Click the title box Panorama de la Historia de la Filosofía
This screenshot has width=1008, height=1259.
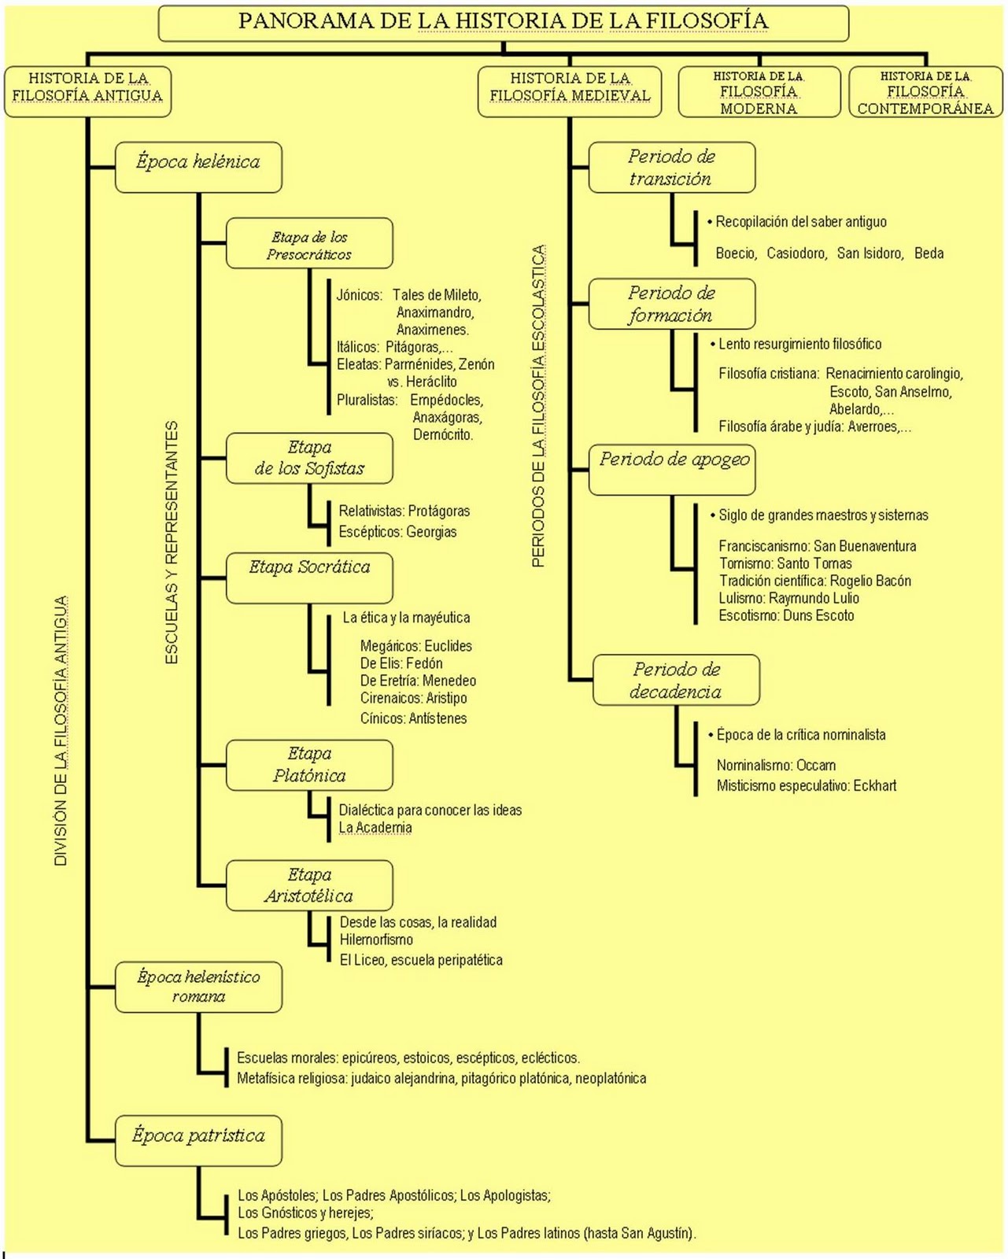coord(504,23)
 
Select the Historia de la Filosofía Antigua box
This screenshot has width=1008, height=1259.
coord(87,91)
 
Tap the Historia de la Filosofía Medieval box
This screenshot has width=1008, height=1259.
coord(570,91)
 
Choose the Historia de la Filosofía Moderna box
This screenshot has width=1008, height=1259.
coord(759,92)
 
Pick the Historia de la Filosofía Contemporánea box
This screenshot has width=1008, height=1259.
coord(925,92)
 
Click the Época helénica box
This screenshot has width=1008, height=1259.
coord(198,167)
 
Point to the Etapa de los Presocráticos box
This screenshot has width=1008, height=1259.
coord(309,243)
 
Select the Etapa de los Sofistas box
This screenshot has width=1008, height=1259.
coord(309,458)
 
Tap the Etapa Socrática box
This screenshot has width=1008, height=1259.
coord(309,577)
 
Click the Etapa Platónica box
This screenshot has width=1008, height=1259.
coord(309,765)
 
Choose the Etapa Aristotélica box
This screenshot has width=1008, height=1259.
coord(309,885)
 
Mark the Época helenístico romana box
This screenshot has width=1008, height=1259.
coord(198,987)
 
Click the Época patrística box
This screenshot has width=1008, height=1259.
coord(198,1139)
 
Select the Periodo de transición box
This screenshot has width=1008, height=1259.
coord(672,167)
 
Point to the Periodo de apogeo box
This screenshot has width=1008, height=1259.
coord(672,470)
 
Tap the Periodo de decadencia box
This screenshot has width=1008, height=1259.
coord(676,680)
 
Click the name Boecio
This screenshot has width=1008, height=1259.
coord(735,253)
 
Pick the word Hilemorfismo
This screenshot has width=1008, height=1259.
coord(376,940)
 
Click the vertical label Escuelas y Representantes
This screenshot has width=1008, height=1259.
coord(172,543)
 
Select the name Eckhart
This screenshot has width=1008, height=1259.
coord(874,785)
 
